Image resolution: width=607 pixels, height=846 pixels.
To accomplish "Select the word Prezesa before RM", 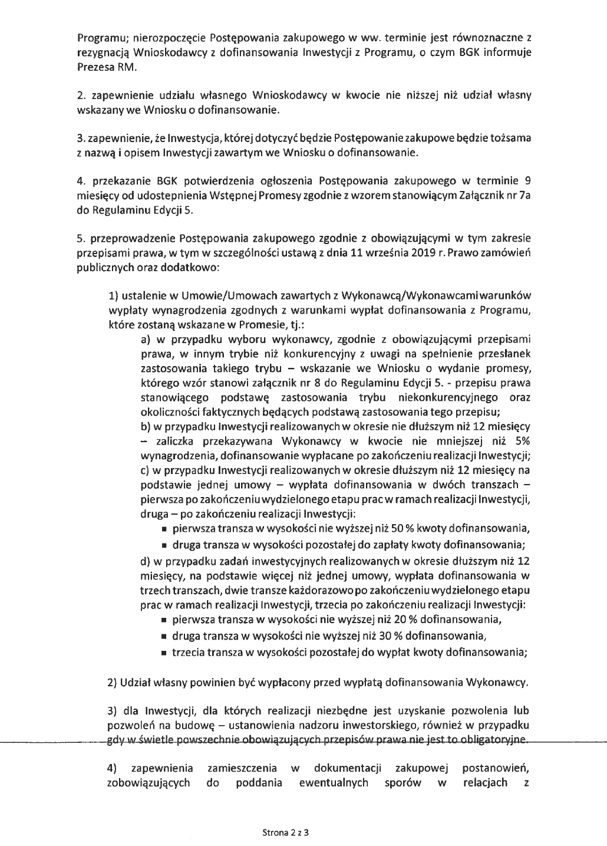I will point(95,67).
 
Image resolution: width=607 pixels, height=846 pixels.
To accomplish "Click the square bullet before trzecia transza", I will point(164,653).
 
